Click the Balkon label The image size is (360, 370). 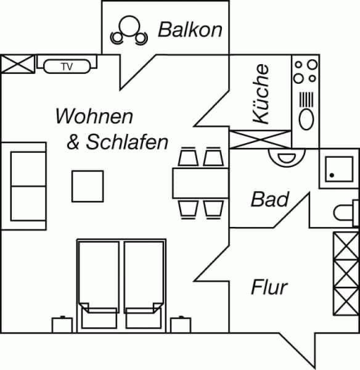tap(190, 30)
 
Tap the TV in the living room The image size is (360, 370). tap(67, 67)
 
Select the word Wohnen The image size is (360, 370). tap(94, 116)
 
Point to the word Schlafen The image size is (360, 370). tap(127, 142)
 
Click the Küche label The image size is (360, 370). tap(261, 94)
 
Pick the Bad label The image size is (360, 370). tap(270, 199)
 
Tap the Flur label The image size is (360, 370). tap(269, 287)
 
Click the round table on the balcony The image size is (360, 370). tap(129, 26)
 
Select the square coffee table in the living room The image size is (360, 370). tap(88, 186)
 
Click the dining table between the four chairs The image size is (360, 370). tap(200, 183)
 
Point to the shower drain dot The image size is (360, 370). tap(332, 175)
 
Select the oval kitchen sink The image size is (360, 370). tap(306, 120)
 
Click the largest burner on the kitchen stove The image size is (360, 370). tap(313, 64)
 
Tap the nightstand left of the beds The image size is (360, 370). tap(62, 325)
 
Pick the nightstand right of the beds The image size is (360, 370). tap(181, 325)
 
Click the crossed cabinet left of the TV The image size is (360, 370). tap(18, 64)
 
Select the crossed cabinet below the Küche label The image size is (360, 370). tap(260, 139)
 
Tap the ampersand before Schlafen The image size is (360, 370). tap(73, 142)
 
